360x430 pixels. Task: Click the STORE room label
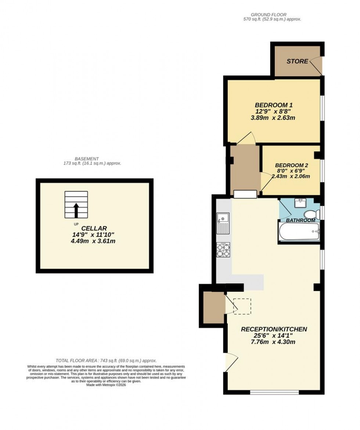tap(297, 61)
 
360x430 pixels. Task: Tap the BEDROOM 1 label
tap(274, 104)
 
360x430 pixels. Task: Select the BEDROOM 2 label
tap(291, 165)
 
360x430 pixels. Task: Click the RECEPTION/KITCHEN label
tap(274, 329)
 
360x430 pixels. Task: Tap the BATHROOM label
tap(300, 220)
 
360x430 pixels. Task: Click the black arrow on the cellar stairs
tap(76, 210)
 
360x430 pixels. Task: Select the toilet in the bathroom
tap(312, 214)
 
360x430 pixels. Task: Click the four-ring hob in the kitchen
tap(223, 250)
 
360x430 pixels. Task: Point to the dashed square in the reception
tap(242, 306)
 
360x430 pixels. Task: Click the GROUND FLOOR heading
tap(272, 14)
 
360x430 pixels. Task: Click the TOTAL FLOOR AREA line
tap(106, 361)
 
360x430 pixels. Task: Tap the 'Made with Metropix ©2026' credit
tap(106, 385)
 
